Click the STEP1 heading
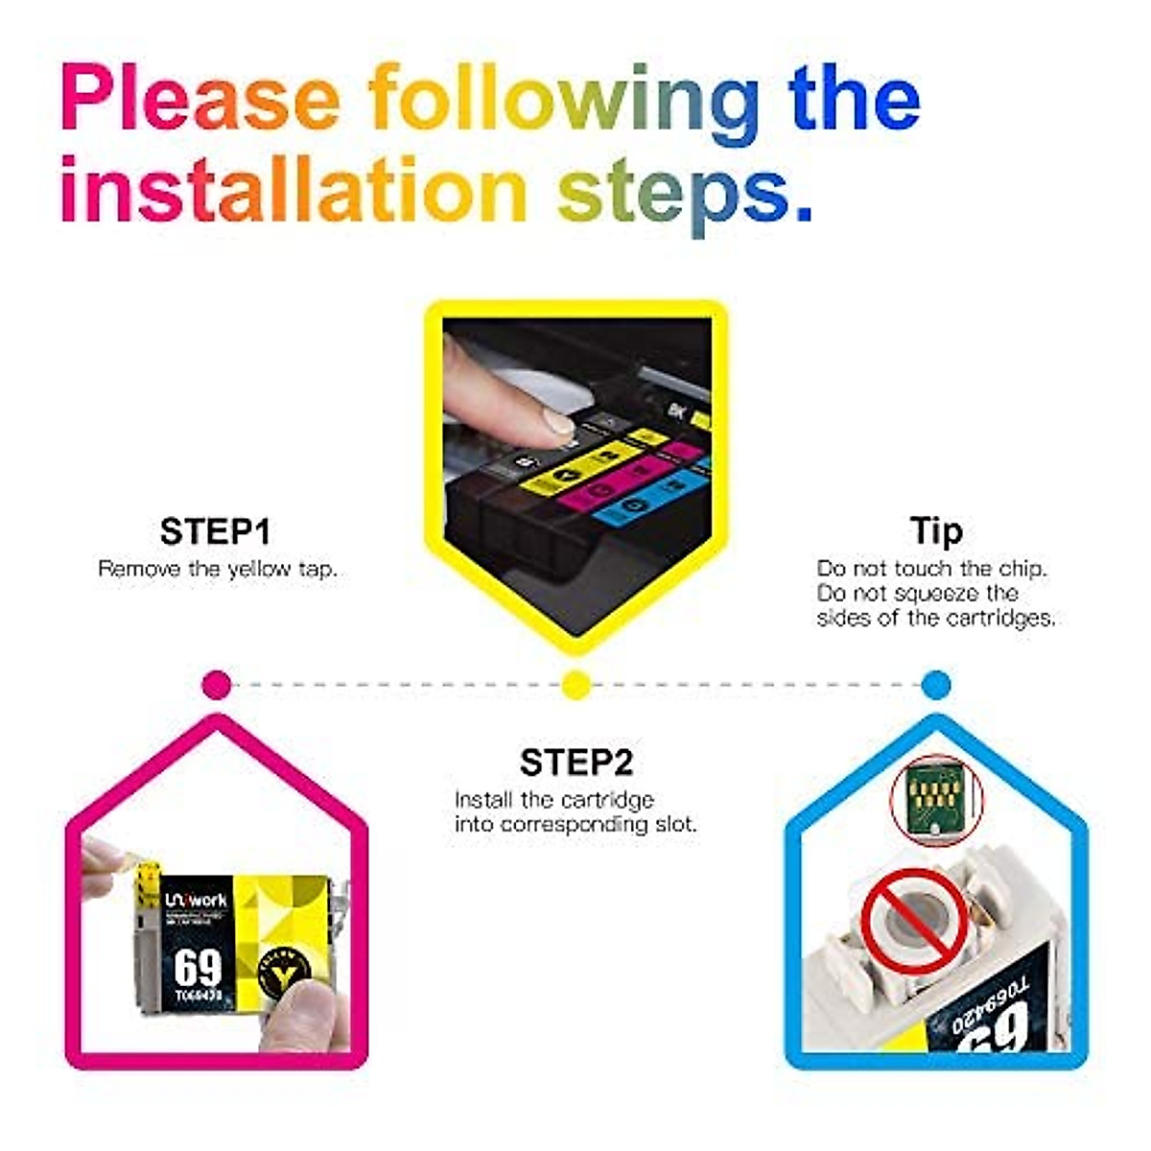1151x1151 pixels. [x=215, y=531]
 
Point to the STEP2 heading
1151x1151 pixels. [x=576, y=763]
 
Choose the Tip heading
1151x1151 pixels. [x=935, y=530]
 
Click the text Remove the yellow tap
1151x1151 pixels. [x=218, y=569]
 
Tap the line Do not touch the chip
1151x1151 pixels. [x=931, y=569]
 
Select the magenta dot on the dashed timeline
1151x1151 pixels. [x=218, y=685]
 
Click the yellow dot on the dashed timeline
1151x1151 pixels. [x=575, y=685]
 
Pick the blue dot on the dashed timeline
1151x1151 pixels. [x=935, y=685]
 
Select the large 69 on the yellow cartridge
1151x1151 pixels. [x=198, y=969]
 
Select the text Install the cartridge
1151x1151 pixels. [x=553, y=800]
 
